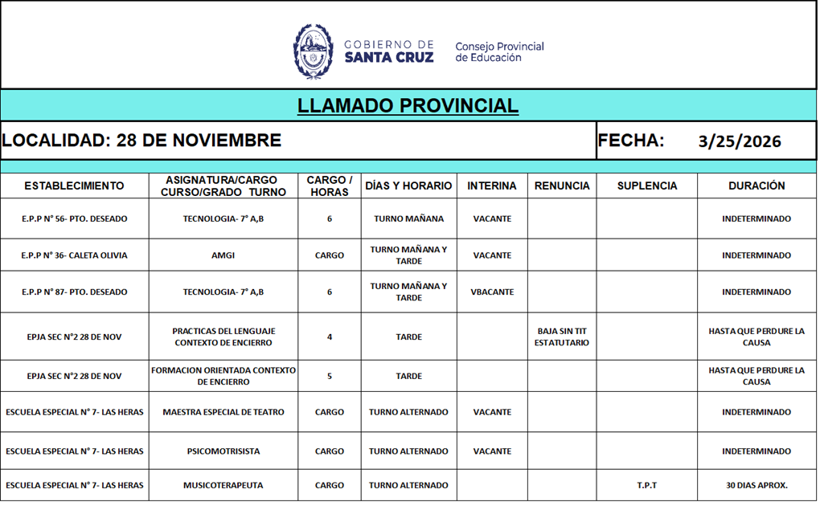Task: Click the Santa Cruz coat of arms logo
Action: point(313,51)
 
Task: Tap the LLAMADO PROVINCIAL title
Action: point(408,106)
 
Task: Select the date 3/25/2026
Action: point(740,141)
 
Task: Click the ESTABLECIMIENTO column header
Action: point(74,186)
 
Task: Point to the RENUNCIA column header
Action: point(562,186)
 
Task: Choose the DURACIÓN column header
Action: point(756,186)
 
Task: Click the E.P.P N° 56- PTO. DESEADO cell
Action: point(74,218)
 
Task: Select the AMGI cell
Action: point(223,255)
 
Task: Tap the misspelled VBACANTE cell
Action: point(492,292)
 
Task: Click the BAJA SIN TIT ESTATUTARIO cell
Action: point(562,337)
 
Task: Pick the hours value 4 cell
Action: point(330,337)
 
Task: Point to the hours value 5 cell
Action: point(330,376)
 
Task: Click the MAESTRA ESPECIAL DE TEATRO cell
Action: point(223,412)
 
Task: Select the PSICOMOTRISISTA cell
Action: point(223,451)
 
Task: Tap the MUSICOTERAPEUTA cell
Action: point(223,485)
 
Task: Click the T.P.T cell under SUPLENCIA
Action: point(646,485)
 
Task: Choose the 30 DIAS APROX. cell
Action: point(756,485)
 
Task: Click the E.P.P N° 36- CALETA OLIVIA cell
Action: point(74,255)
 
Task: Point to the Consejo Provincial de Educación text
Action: point(499,51)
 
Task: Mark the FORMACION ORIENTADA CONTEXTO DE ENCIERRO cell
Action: point(223,376)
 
